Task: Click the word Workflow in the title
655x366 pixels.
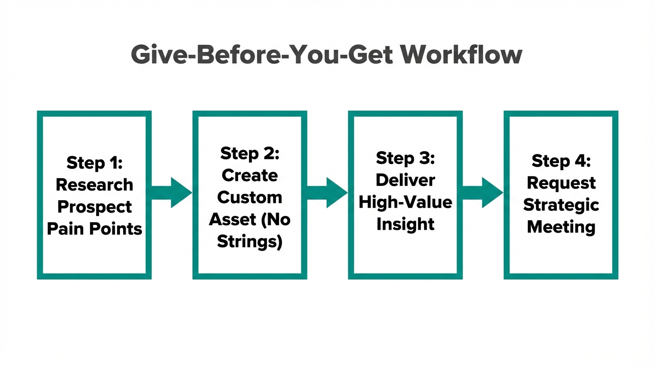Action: pos(461,55)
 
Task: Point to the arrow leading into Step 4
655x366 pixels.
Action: pos(483,193)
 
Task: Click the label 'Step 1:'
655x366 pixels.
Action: pos(94,163)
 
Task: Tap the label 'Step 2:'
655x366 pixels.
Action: pos(249,153)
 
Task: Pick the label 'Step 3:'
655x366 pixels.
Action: pos(405,158)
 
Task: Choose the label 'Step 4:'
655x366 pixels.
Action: pos(561,161)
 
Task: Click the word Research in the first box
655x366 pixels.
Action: pos(94,184)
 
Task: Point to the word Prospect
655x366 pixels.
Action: pos(94,207)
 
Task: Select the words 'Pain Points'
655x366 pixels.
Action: pos(94,229)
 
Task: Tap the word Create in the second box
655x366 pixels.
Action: pos(249,175)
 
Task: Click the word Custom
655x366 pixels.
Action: pos(249,197)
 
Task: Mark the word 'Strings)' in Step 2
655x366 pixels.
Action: pos(249,242)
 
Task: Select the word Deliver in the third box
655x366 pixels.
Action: pos(405,180)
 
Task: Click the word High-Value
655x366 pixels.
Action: pos(405,202)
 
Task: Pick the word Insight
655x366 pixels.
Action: pos(405,224)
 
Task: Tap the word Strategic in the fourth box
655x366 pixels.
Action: pos(561,205)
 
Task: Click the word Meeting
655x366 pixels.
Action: pos(561,227)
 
